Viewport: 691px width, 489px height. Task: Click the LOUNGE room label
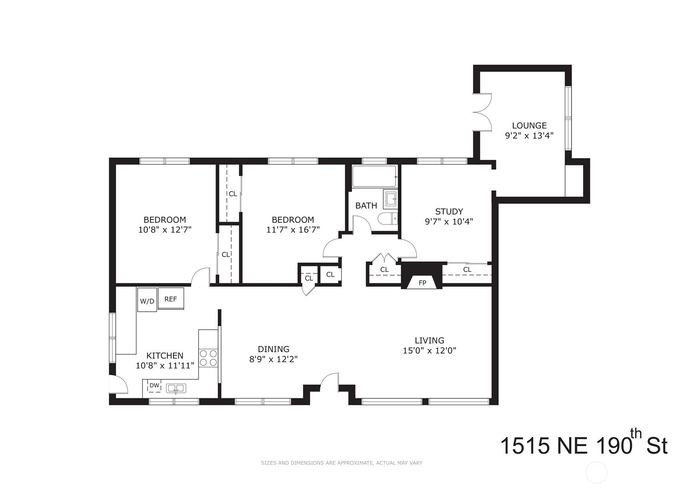[x=529, y=126]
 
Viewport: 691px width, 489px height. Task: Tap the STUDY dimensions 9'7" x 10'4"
[x=449, y=221]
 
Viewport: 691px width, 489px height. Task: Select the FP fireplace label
[x=422, y=283]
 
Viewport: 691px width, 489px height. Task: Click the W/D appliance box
[x=147, y=300]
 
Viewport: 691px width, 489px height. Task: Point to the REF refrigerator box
[x=171, y=298]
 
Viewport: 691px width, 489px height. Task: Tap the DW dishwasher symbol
[x=154, y=386]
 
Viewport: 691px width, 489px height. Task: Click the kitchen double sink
[x=176, y=388]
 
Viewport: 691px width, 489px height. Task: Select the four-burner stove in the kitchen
[x=208, y=358]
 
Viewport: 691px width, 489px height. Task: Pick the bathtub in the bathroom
[x=375, y=176]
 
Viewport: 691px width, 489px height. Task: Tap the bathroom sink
[x=391, y=199]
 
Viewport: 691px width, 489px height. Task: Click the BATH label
[x=366, y=206]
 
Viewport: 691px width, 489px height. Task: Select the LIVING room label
[x=429, y=340]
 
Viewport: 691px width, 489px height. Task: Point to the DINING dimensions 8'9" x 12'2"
[x=273, y=359]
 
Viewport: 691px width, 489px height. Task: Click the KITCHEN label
[x=165, y=355]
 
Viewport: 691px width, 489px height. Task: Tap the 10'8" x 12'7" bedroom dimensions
[x=165, y=230]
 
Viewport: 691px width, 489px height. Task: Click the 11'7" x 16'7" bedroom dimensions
[x=293, y=230]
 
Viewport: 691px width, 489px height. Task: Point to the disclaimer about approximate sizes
[x=342, y=463]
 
